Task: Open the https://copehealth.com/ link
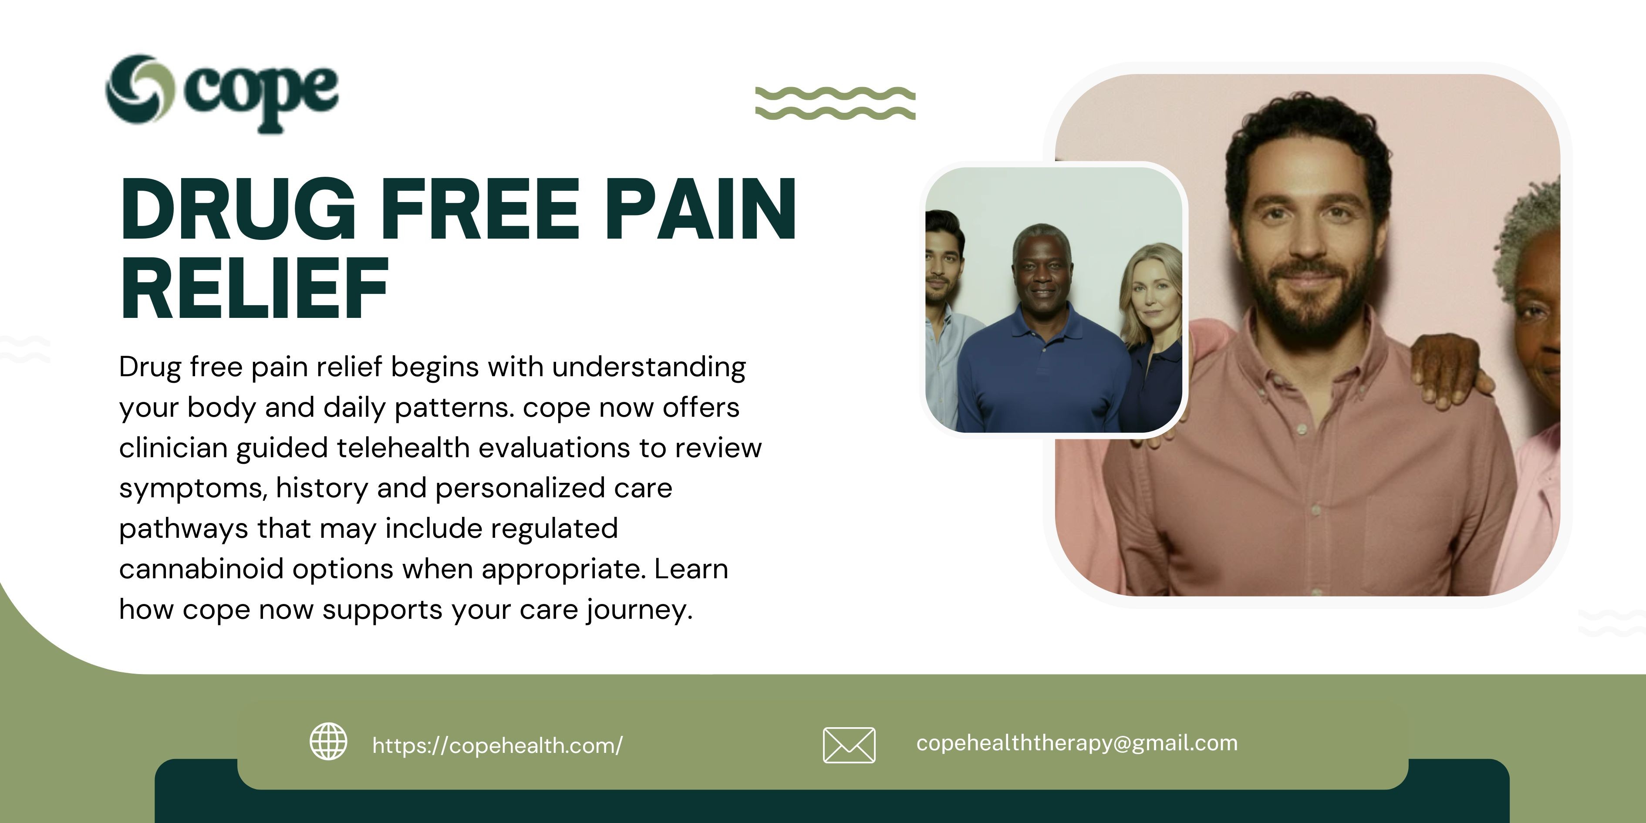tap(497, 745)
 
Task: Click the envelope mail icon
tap(849, 745)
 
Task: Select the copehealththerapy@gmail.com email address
tap(1077, 743)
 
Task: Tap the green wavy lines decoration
tap(835, 103)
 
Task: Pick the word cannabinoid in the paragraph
tap(201, 569)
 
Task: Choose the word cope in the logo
tap(261, 96)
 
